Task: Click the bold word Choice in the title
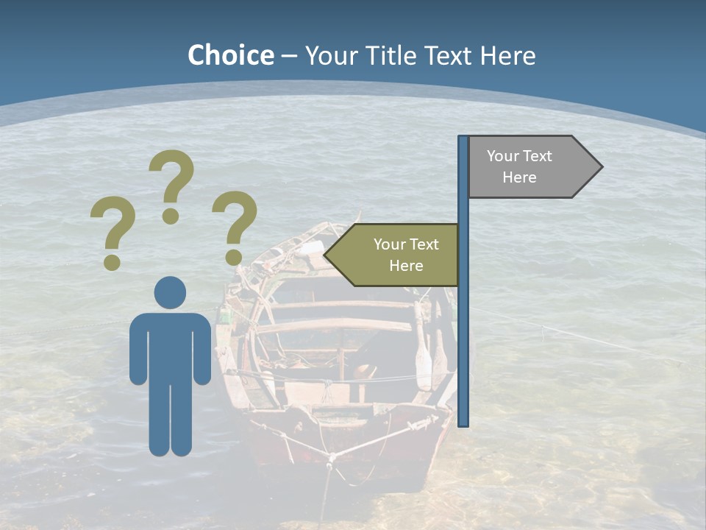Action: coord(230,55)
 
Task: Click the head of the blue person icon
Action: coord(170,292)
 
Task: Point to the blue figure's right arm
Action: coord(201,350)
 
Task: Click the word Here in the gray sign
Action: coord(519,177)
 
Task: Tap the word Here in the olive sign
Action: coord(406,266)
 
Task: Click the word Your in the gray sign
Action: coord(503,156)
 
